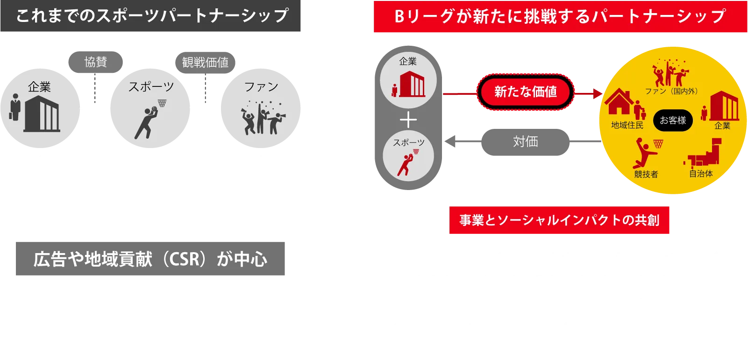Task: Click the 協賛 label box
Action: [x=95, y=62]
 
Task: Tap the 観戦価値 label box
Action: [x=205, y=62]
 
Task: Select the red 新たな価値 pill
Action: [x=525, y=92]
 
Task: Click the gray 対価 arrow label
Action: [x=526, y=141]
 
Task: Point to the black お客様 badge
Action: [x=673, y=120]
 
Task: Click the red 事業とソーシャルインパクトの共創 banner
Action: [x=560, y=220]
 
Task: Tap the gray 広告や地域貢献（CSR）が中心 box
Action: [x=151, y=258]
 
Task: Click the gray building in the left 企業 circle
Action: [x=42, y=114]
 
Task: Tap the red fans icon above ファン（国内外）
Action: [x=671, y=74]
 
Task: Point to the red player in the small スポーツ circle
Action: [x=405, y=163]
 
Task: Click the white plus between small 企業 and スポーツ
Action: [x=408, y=120]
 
